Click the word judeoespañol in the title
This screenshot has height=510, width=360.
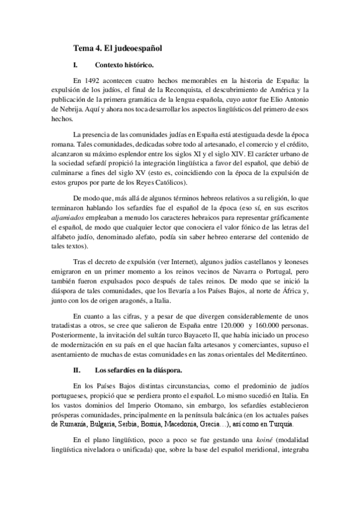coord(136,46)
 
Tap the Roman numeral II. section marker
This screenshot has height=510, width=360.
coord(76,369)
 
